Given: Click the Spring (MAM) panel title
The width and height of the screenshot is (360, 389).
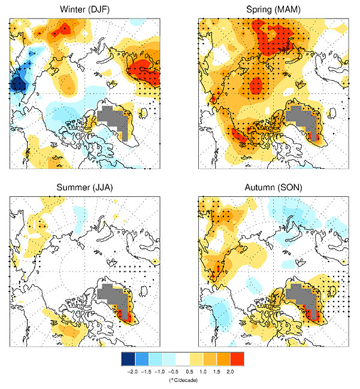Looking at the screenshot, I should (x=273, y=10).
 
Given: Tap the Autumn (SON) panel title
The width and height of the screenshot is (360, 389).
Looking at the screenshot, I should (x=273, y=188).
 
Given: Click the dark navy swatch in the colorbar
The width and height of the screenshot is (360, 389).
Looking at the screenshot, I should (x=128, y=358).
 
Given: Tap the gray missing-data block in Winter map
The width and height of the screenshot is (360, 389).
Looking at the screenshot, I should (x=114, y=118).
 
